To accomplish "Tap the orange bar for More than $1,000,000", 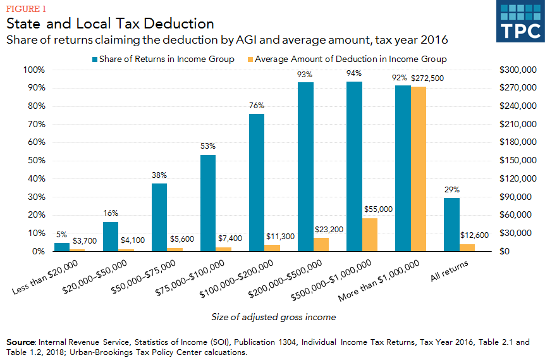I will coord(418,169).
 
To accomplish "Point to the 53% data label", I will coord(208,147).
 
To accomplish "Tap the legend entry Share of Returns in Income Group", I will coord(165,59).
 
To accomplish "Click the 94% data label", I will coord(354,74).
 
